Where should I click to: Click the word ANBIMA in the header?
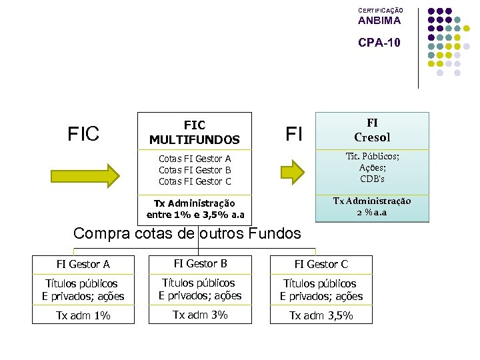pos(379,21)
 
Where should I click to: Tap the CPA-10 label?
pos(379,43)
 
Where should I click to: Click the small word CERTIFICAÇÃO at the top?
pos(381,11)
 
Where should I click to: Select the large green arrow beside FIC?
pos(86,175)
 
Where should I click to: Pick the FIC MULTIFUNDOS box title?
pos(195,132)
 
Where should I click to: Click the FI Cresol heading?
pos(372,130)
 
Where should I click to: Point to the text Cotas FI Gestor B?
pos(195,170)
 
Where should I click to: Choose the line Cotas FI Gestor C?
pos(195,181)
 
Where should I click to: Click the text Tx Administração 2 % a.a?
pos(372,207)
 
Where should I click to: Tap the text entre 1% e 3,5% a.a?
pos(195,214)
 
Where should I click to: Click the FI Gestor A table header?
pos(83,265)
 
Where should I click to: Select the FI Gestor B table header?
pos(200,264)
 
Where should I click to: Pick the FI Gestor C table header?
pos(321,265)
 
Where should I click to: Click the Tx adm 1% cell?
pos(83,315)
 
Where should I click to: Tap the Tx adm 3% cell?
pos(200,315)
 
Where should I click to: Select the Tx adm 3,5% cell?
pos(321,315)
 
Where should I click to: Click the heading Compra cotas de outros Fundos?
pos(187,233)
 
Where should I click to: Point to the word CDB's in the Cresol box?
pos(372,178)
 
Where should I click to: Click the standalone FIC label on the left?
pos(83,134)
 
